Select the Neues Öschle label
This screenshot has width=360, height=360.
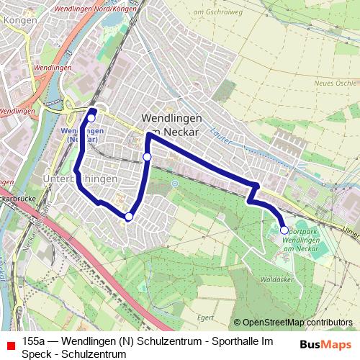click(336, 83)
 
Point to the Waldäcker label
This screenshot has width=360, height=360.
click(276, 277)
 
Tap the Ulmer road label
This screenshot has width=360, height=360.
click(351, 233)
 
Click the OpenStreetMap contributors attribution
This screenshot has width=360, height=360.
click(293, 323)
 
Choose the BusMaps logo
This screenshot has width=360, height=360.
click(325, 344)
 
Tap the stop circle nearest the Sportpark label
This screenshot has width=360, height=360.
click(284, 230)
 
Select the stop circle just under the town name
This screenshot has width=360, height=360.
click(147, 156)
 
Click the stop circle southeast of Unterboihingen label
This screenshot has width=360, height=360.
click(129, 217)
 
